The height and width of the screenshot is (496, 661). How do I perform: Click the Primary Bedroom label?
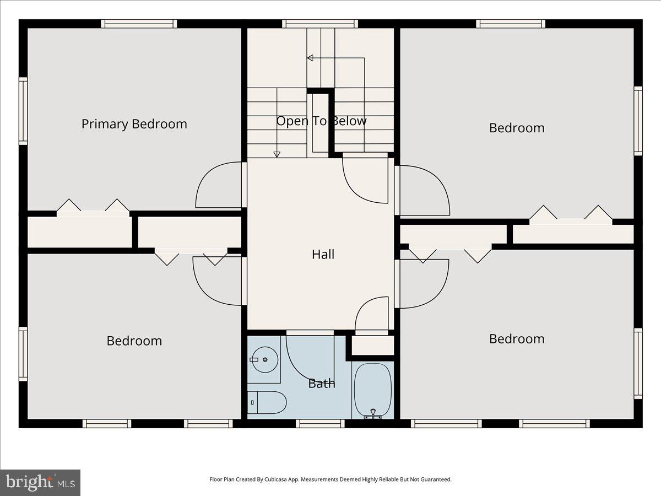134,124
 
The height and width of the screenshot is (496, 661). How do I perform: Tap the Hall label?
323,254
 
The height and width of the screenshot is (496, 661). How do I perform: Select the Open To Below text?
321,121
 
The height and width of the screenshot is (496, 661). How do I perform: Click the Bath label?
321,383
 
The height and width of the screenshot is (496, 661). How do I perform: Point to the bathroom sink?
265,360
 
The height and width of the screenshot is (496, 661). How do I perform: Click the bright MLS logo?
40,482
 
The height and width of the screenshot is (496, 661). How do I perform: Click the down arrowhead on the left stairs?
277,154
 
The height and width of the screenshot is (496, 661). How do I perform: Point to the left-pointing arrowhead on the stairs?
310,58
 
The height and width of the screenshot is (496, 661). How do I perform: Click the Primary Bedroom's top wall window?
139,24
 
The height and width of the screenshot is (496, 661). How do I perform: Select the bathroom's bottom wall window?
320,423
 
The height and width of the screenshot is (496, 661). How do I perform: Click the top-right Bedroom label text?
517,128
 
